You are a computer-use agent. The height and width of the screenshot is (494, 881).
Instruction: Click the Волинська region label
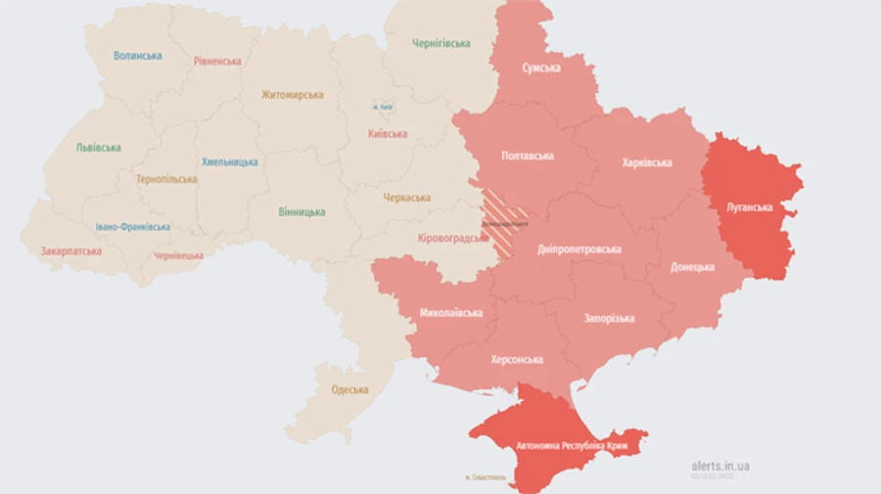[x=137, y=56]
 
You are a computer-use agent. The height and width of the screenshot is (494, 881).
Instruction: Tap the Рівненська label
[x=217, y=61]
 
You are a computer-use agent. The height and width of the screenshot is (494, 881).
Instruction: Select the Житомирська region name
[x=292, y=95]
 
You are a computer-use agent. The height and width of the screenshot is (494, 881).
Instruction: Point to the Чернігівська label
[x=440, y=43]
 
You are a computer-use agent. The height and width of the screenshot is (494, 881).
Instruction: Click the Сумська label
[x=541, y=67]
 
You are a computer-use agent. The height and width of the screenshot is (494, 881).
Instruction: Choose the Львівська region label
[x=99, y=148]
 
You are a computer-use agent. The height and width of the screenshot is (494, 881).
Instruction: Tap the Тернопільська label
[x=166, y=179]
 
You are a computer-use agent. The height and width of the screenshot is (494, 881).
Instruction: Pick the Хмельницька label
[x=230, y=161]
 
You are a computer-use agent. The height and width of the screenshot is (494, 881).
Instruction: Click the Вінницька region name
[x=301, y=211]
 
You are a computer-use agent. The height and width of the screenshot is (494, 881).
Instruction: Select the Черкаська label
[x=407, y=198]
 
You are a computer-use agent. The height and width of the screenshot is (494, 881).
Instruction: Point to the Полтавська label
[x=528, y=156]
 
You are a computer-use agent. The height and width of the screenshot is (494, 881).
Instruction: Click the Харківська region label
[x=647, y=163]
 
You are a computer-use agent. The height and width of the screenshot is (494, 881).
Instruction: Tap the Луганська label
[x=750, y=207]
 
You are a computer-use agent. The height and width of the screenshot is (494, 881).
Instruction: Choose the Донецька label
[x=692, y=267]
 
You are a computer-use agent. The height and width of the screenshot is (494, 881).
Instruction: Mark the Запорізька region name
[x=609, y=318]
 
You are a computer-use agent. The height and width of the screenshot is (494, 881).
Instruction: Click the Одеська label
[x=349, y=389]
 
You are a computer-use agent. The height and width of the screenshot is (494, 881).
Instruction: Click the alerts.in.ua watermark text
[x=719, y=466]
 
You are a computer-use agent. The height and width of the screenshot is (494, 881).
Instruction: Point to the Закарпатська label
[x=70, y=251]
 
